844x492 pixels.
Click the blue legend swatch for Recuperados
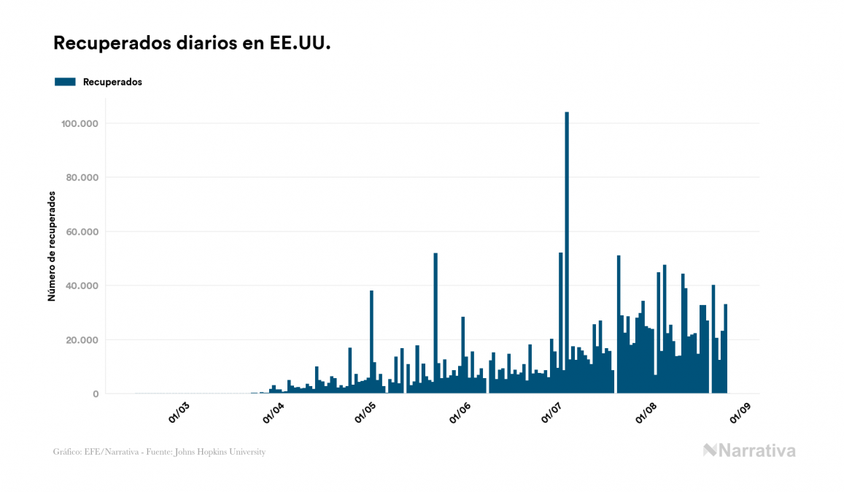click(x=65, y=82)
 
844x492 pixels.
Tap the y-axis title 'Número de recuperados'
click(x=52, y=246)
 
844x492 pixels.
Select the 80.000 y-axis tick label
click(x=81, y=177)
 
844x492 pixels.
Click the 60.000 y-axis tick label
click(x=81, y=231)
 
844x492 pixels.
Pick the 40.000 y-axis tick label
click(x=81, y=285)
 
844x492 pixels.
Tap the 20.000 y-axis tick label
click(x=81, y=339)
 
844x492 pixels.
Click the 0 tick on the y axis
click(x=96, y=394)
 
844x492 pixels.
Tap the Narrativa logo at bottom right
click(x=749, y=450)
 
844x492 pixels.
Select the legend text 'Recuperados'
click(x=112, y=82)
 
